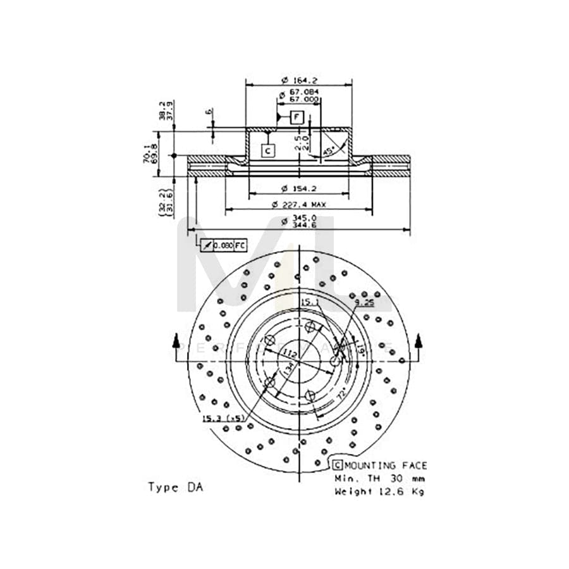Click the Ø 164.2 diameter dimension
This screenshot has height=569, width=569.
click(298, 80)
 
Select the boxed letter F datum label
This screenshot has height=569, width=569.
click(298, 117)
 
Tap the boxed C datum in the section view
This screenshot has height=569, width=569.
click(267, 150)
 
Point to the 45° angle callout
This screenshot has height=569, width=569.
click(329, 151)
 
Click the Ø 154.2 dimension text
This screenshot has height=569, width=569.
click(298, 189)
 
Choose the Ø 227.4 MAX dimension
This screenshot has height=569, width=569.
click(298, 204)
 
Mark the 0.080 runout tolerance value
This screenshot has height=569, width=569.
click(223, 245)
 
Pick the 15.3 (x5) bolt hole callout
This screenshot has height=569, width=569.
click(223, 418)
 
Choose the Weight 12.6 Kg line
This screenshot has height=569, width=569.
click(379, 490)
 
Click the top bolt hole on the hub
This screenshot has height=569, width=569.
click(310, 327)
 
